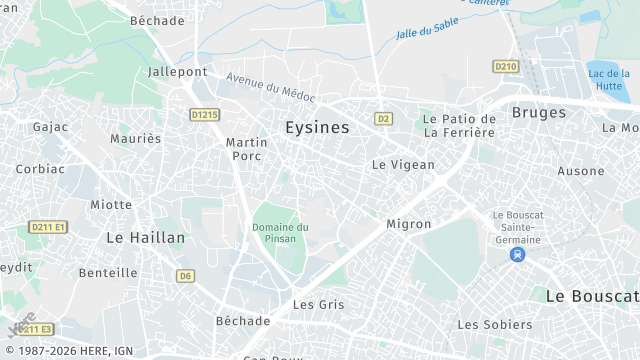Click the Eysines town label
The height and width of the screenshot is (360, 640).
(317, 128)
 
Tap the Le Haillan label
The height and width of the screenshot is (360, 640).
(145, 238)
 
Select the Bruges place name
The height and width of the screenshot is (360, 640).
(538, 112)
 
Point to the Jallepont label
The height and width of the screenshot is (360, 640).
(177, 72)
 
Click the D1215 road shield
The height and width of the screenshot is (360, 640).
(204, 115)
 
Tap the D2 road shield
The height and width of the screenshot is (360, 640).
(383, 118)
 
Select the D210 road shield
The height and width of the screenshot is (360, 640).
(506, 66)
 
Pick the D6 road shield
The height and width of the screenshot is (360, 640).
(186, 275)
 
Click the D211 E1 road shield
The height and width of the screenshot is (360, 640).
(48, 227)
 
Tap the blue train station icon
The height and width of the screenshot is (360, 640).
(516, 255)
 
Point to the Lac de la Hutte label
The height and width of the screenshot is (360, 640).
(609, 80)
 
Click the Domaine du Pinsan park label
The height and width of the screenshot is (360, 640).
(280, 232)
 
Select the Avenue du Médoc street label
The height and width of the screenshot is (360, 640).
(270, 88)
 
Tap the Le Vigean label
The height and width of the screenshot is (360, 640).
(403, 165)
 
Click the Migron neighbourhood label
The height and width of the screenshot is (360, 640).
(408, 224)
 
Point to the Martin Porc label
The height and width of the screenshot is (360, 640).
(246, 149)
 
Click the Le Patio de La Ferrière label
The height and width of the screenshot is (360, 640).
(459, 126)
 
